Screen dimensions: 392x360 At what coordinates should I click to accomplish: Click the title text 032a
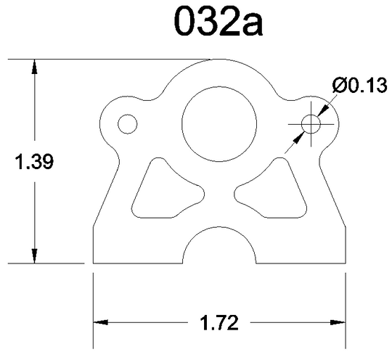219,22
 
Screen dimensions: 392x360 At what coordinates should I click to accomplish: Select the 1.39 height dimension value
34,162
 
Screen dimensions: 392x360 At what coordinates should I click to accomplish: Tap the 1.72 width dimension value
219,323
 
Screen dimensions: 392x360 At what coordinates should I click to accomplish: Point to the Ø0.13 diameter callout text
360,85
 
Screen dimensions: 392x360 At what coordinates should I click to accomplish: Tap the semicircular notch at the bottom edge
219,227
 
